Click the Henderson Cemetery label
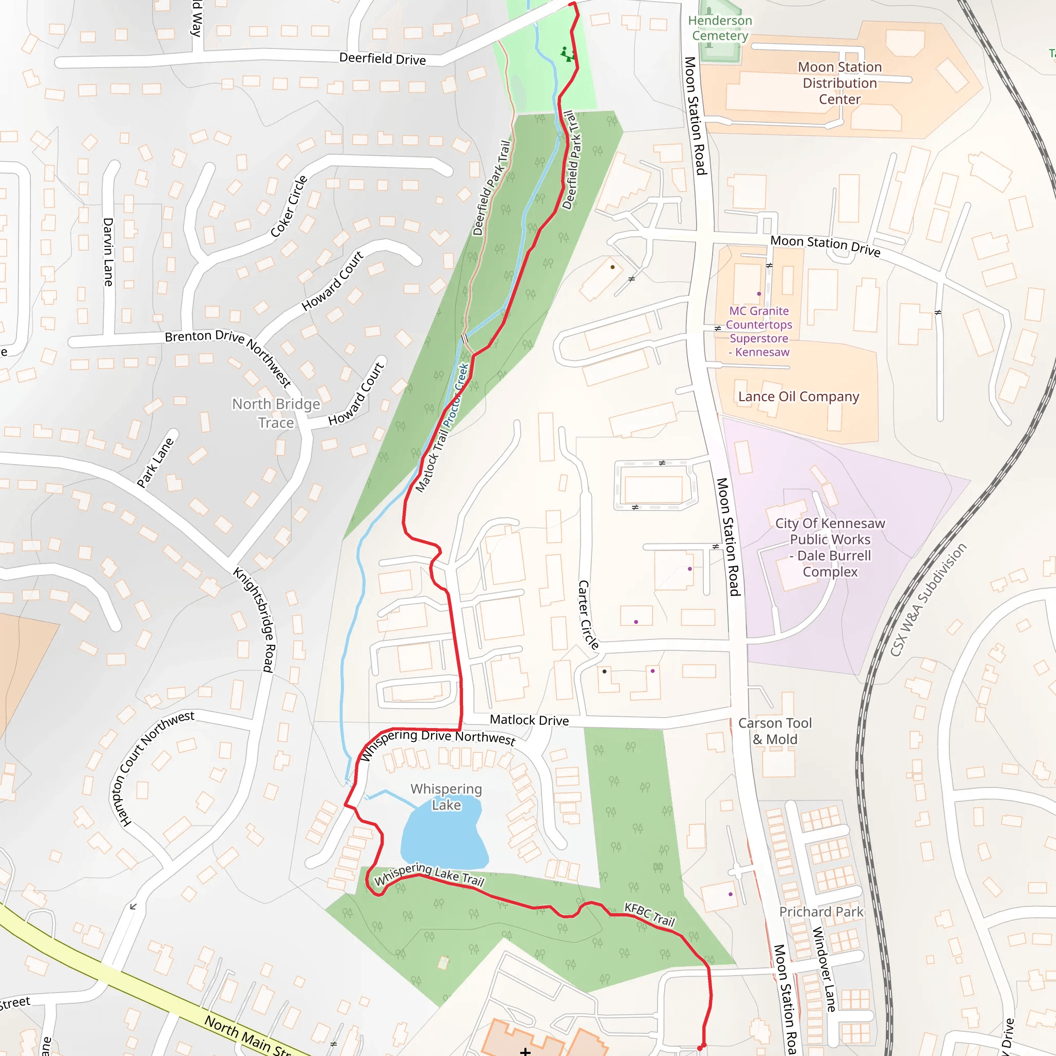(720, 28)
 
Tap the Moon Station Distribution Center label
(839, 83)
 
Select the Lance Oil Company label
(798, 397)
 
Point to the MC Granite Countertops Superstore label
(759, 331)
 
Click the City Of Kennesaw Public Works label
(830, 547)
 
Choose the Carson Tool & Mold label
(774, 731)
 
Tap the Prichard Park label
(821, 912)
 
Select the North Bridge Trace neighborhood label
(276, 413)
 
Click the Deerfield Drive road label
(382, 58)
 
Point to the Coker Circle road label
(289, 207)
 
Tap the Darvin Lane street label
(108, 252)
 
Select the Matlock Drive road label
(529, 720)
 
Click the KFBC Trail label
(649, 914)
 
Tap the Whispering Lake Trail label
(429, 874)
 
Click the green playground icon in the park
(568, 54)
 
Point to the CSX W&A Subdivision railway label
(928, 600)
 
